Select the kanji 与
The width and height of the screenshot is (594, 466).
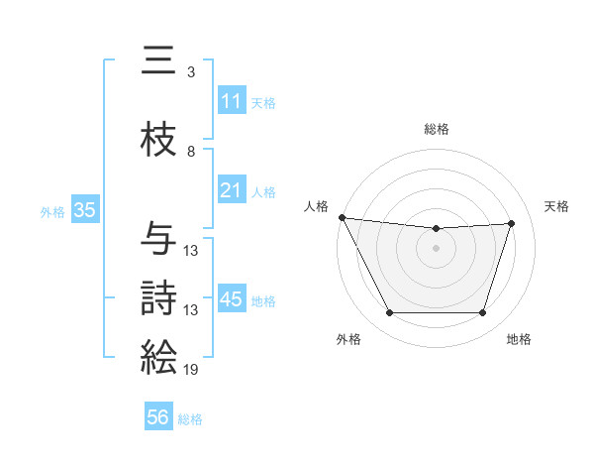158,239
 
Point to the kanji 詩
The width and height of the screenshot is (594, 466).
158,297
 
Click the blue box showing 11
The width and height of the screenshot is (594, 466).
231,101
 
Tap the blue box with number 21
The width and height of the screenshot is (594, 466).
231,190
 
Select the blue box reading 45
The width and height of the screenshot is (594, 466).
232,299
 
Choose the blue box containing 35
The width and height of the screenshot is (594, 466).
84,210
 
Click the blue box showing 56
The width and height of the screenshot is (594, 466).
158,417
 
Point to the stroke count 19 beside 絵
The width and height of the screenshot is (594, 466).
191,370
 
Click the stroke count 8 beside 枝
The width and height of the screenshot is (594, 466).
191,152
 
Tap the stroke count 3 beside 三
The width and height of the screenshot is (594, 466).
191,72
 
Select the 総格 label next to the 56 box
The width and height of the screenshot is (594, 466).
190,419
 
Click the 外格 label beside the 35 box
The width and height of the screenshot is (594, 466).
52,211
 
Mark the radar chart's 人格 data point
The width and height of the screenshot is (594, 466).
342,217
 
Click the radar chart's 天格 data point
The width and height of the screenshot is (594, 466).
512,223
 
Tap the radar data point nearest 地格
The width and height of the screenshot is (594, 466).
483,313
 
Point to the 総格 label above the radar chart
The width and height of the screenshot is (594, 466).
436,129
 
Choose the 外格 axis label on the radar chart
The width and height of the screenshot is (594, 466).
348,339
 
